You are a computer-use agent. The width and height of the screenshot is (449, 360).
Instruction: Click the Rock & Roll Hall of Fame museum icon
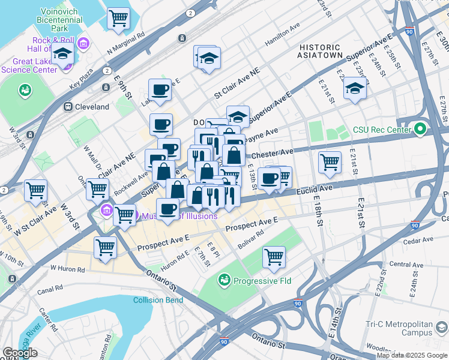coord(83,43)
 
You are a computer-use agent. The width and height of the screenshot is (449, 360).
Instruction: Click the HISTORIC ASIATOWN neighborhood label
coord(321,51)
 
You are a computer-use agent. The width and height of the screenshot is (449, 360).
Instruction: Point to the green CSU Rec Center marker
coord(421,128)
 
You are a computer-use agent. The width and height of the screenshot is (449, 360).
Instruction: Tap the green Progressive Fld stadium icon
coord(224,280)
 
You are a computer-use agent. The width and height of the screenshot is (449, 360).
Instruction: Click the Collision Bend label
coord(158,300)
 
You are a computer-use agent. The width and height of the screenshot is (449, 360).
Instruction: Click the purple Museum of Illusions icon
coord(107,210)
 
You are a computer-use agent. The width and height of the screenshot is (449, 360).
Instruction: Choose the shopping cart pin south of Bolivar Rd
coord(274,257)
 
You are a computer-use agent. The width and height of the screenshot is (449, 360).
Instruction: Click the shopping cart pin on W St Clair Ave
coord(36,191)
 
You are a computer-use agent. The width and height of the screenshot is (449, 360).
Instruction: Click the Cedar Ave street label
coord(418,241)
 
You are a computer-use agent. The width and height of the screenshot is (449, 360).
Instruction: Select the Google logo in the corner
coord(20,353)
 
